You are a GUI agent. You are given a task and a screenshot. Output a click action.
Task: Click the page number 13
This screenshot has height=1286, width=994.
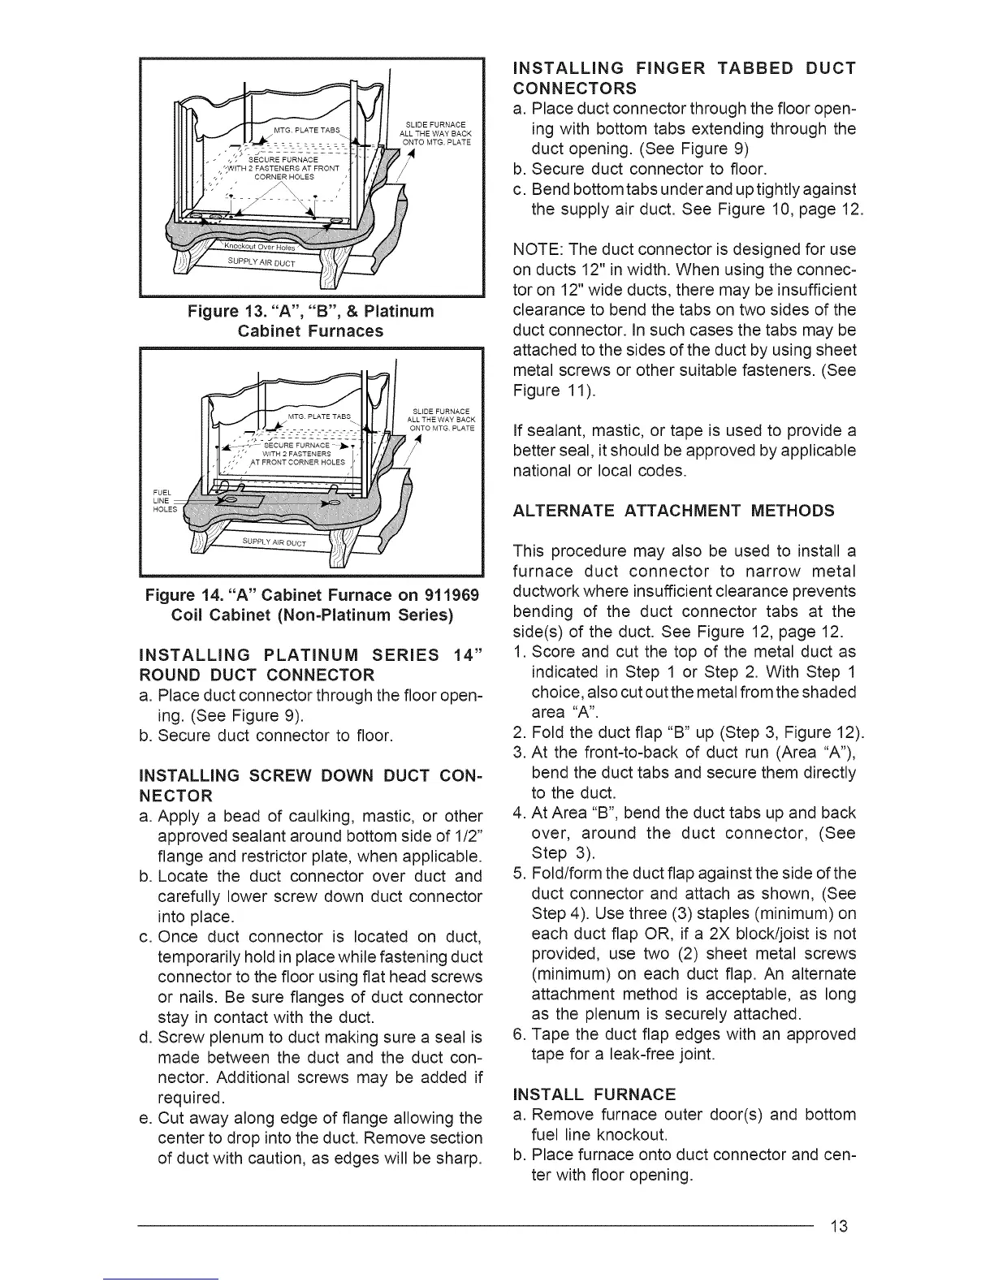[839, 1225]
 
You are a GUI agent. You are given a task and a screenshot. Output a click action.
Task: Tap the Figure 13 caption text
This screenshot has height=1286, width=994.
[311, 321]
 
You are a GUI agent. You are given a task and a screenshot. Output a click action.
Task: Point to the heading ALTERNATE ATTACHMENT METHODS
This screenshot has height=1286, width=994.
[674, 510]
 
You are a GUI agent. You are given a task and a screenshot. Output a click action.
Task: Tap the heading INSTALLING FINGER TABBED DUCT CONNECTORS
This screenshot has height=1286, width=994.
[685, 78]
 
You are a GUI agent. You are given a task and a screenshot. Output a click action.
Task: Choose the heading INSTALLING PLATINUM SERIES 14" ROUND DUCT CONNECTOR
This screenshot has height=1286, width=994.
[311, 665]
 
